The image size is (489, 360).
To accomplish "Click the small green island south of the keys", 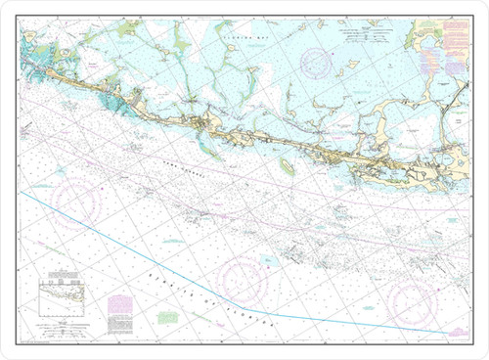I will click(288, 167).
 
